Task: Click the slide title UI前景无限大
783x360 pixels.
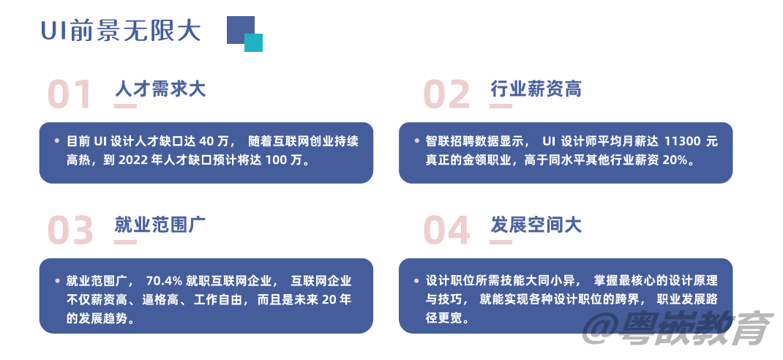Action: [x=120, y=31]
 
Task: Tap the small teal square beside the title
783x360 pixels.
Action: [x=253, y=42]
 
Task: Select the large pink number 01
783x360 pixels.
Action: [x=71, y=95]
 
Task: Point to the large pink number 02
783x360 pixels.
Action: [x=447, y=95]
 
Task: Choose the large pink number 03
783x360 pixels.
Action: [x=71, y=231]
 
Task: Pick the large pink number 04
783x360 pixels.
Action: [x=447, y=231]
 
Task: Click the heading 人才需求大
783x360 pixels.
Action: [x=160, y=89]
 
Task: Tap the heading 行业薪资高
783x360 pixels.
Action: [x=536, y=89]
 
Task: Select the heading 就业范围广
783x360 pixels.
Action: [x=160, y=225]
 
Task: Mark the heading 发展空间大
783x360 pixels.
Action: [x=536, y=225]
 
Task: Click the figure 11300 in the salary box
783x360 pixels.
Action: [x=683, y=141]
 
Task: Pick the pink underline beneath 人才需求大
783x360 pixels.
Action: [x=126, y=106]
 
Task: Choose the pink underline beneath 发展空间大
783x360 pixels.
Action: [x=501, y=242]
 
